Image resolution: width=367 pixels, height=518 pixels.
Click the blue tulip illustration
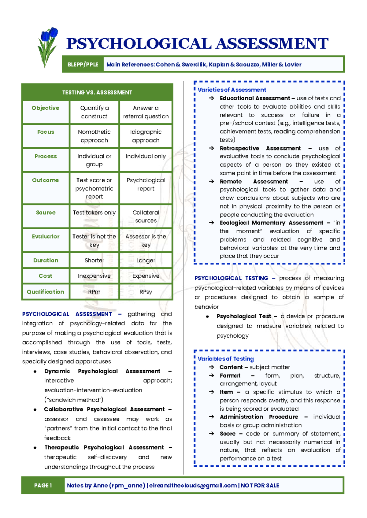point(47,46)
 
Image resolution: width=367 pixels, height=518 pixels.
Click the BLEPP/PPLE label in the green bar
point(83,65)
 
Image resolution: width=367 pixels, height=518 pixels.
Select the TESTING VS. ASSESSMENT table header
point(97,92)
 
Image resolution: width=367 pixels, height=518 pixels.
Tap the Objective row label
point(45,108)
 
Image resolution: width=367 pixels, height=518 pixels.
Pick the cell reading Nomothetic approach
point(94,136)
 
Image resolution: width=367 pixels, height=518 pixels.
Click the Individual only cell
point(146,156)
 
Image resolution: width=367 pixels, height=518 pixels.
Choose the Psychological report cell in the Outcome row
point(146,184)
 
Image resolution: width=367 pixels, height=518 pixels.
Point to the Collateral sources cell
point(146,216)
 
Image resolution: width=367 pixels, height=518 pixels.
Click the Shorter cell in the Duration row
point(94,261)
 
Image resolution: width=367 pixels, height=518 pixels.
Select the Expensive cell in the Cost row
point(146,276)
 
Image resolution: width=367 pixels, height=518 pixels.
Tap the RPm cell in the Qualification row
point(94,292)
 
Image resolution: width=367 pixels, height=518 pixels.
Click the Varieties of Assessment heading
point(232,90)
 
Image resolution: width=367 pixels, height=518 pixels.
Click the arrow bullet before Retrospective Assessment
point(212,148)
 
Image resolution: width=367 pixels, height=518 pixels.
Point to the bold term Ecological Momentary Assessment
point(271,223)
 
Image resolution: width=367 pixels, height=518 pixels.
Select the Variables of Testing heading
point(225,359)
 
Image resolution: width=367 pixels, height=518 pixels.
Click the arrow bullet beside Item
point(212,392)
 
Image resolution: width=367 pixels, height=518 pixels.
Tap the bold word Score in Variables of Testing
point(228,434)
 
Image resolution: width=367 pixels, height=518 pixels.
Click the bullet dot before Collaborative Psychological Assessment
point(35,410)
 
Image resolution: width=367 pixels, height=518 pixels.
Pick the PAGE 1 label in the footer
point(43,486)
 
